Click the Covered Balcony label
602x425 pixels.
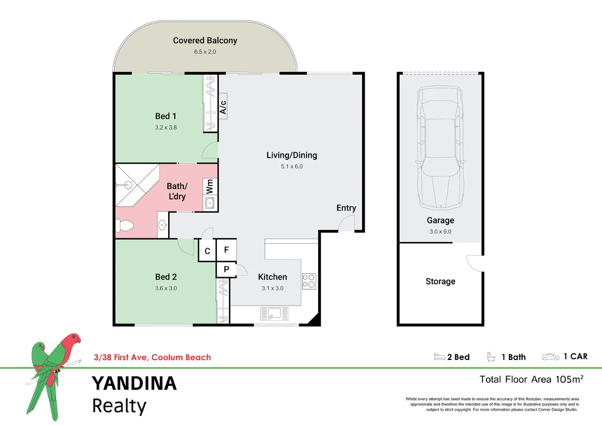pos(205,41)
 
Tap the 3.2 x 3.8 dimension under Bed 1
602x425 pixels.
pos(166,128)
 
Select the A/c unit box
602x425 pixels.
pos(223,106)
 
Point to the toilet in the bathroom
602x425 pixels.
pos(124,226)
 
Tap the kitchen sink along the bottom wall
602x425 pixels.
pos(275,314)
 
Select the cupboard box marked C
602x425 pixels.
pos(207,251)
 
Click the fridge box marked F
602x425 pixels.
pos(227,250)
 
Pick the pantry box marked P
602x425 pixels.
pos(226,270)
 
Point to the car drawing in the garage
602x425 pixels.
pos(440,148)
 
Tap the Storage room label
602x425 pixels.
pos(440,281)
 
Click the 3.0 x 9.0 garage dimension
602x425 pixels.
pos(440,232)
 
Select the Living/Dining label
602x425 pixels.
pos(292,155)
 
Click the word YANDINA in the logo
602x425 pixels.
pos(134,384)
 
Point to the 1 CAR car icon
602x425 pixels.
pos(550,357)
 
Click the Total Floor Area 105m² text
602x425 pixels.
pos(531,379)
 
